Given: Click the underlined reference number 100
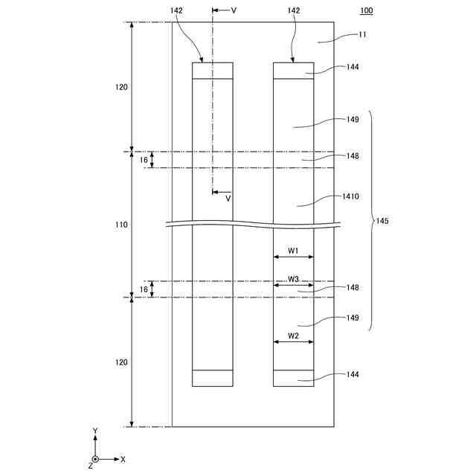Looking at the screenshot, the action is tap(367, 10).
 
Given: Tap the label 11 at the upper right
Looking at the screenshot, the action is tap(362, 34).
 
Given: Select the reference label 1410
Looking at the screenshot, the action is tap(352, 197).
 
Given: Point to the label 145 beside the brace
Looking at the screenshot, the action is tap(382, 221).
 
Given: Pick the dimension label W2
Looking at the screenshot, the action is tap(293, 336).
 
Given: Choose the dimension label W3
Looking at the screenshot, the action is tap(293, 280).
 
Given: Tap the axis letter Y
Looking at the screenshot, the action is tap(95, 431).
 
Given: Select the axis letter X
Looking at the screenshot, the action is tap(123, 460).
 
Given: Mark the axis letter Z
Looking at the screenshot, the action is tap(90, 466).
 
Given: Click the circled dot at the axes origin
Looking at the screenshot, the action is tap(95, 460).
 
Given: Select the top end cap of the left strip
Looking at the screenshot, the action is tap(213, 70).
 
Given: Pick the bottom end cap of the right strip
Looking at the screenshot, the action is tap(293, 378).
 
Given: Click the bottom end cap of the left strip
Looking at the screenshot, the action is tap(213, 378).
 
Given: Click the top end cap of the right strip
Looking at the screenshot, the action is tap(293, 70).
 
